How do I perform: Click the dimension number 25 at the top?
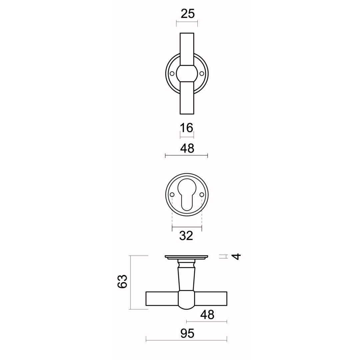(x=188, y=14)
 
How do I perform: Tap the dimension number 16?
(x=186, y=128)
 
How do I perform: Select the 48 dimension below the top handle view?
(x=187, y=148)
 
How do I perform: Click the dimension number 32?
(x=186, y=236)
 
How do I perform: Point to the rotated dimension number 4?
(x=237, y=256)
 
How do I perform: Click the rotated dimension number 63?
(x=122, y=281)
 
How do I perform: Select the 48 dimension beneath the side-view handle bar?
(x=207, y=315)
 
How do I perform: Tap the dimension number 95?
(x=187, y=333)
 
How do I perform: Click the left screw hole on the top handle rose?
(x=172, y=73)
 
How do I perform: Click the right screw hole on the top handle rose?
(x=202, y=73)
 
